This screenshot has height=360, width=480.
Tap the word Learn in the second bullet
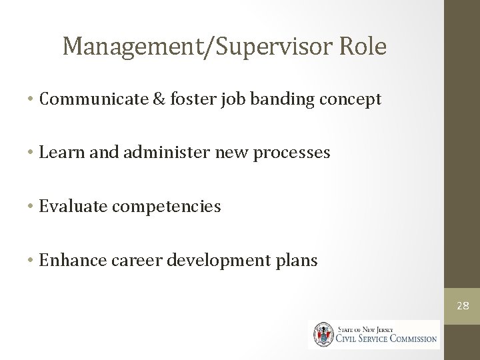pyautogui.click(x=57, y=153)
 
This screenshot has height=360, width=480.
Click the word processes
pyautogui.click(x=294, y=153)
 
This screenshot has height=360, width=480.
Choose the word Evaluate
pyautogui.click(x=73, y=207)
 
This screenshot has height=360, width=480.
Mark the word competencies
pyautogui.click(x=166, y=207)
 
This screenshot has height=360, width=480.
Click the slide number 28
pyautogui.click(x=463, y=306)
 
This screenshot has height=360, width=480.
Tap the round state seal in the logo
pyautogui.click(x=325, y=334)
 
